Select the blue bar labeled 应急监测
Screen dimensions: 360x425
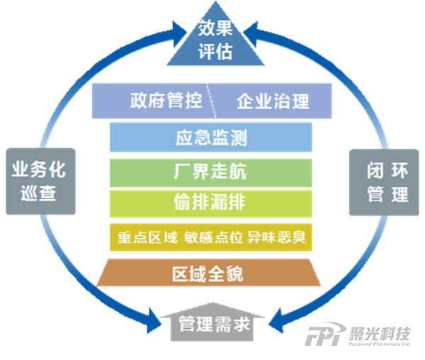211,137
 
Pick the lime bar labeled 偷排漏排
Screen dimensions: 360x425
211,202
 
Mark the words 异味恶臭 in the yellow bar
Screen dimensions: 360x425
277,237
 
